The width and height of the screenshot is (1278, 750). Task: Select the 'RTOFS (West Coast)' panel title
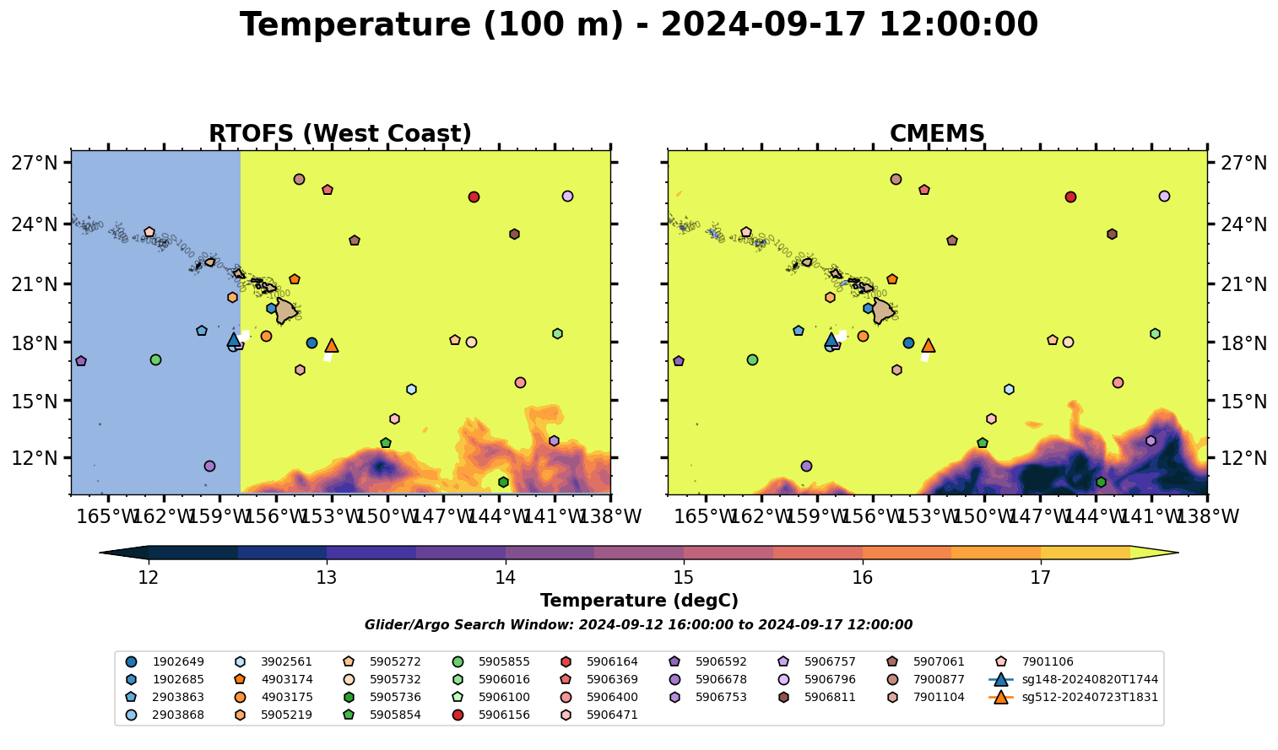click(x=340, y=134)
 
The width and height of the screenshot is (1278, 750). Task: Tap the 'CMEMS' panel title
click(x=937, y=134)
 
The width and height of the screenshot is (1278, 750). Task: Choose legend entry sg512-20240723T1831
click(x=1089, y=698)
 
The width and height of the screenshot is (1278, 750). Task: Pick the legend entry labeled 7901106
click(x=1046, y=662)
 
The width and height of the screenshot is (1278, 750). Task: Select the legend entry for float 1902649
click(x=177, y=662)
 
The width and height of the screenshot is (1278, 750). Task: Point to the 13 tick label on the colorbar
click(x=327, y=578)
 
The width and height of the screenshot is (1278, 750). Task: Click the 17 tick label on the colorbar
click(x=1040, y=578)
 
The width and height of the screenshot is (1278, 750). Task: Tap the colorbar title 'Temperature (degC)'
click(x=639, y=601)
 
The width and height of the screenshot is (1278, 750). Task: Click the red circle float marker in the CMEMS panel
click(x=1070, y=197)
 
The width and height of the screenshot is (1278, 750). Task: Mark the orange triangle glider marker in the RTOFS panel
click(x=332, y=345)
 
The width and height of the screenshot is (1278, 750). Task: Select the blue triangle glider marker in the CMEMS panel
click(x=831, y=339)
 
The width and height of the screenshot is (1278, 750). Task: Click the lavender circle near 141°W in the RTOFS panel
click(x=567, y=197)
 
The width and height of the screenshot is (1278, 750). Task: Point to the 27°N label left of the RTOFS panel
click(x=35, y=163)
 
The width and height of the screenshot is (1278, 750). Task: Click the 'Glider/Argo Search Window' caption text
click(x=638, y=625)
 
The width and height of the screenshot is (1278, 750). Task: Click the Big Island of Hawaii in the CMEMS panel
click(x=883, y=310)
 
